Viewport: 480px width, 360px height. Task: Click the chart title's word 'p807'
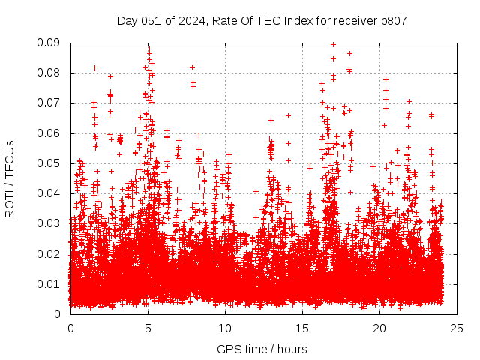[x=392, y=21]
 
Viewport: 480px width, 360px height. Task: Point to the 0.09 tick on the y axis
[x=49, y=43]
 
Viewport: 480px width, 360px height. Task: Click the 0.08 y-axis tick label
[x=49, y=73]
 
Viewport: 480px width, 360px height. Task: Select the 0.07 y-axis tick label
[x=49, y=103]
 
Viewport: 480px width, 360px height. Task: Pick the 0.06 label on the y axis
[x=49, y=133]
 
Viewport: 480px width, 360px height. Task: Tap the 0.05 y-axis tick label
[x=49, y=163]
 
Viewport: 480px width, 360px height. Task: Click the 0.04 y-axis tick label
[x=49, y=193]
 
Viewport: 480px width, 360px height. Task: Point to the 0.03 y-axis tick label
[x=49, y=223]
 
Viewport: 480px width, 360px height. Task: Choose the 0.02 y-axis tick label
[x=49, y=253]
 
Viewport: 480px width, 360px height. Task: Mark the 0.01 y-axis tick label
[x=49, y=283]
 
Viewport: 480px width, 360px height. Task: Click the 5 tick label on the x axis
[x=148, y=328]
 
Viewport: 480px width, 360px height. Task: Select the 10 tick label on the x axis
[x=225, y=328]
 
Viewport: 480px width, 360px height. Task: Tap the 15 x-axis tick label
[x=302, y=328]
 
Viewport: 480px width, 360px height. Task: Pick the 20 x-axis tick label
[x=379, y=328]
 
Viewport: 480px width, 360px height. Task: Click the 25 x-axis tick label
[x=457, y=328]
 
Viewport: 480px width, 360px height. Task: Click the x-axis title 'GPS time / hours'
[x=262, y=349]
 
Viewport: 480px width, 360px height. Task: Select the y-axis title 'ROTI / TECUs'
[x=10, y=178]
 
